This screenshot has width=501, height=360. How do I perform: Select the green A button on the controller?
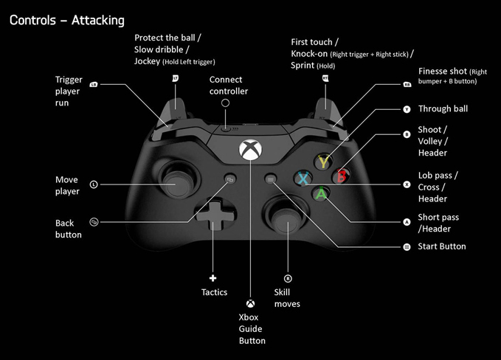pos(321,194)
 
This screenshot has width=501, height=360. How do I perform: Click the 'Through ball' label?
pos(443,109)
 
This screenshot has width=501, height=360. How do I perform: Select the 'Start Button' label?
pos(442,246)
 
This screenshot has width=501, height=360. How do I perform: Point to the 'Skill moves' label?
pos(287,298)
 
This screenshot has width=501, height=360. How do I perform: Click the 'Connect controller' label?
pos(229,86)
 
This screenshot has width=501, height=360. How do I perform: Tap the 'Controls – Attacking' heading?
pos(67,20)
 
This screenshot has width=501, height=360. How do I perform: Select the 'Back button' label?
pos(69,229)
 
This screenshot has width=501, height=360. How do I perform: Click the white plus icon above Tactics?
pos(213,278)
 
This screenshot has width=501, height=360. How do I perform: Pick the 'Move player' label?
pos(66,186)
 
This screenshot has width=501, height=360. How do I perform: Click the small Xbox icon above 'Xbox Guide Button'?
pos(251,302)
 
